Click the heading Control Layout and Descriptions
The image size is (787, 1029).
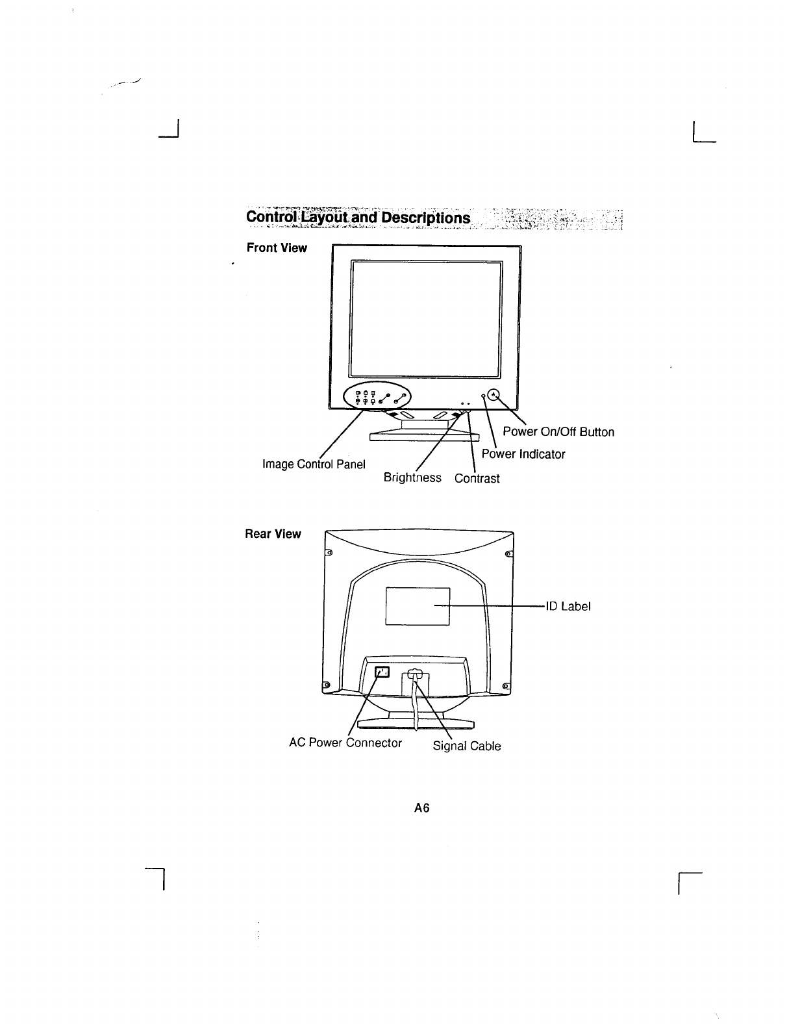tap(358, 217)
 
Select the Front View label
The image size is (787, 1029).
tap(276, 248)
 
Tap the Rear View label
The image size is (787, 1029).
tap(273, 534)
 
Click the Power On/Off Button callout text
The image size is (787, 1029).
tap(558, 432)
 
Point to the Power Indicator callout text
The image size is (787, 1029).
tap(523, 454)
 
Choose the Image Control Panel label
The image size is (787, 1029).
tap(314, 464)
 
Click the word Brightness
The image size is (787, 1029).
tap(412, 478)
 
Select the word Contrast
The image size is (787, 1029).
tap(477, 479)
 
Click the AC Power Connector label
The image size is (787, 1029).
tap(345, 743)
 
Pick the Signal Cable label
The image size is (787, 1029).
tap(467, 746)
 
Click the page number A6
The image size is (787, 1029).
tap(423, 808)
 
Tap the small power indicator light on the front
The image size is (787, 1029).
tap(484, 396)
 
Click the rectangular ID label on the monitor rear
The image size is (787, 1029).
tap(418, 605)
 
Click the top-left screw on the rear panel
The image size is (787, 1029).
tap(329, 553)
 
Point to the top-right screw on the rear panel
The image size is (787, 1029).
tap(507, 553)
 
